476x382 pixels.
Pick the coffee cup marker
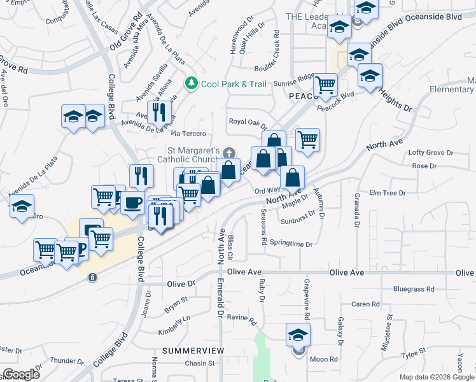click(132, 202)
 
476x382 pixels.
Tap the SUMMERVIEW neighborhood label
click(193, 351)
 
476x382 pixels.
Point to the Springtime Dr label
click(291, 244)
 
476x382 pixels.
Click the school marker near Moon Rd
click(298, 334)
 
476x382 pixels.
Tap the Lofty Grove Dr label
click(431, 153)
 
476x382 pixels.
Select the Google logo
click(21, 374)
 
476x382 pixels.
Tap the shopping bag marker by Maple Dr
click(292, 178)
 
